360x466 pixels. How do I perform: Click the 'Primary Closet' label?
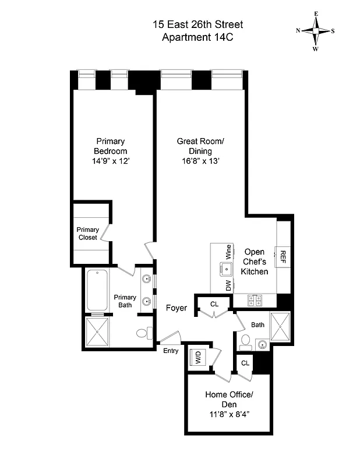88,234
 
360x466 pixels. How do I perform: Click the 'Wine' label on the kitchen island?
228,252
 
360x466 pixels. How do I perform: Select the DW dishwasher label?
228,285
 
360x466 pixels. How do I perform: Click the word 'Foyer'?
177,308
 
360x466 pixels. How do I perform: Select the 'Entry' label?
171,350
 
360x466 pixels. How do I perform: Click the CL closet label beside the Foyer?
214,303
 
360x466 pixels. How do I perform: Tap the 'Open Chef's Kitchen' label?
255,262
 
